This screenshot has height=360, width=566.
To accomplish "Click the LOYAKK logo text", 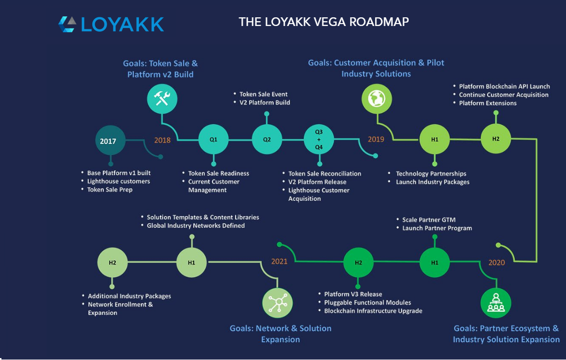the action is pyautogui.click(x=122, y=25).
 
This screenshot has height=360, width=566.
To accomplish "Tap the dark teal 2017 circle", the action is pyautogui.click(x=110, y=140).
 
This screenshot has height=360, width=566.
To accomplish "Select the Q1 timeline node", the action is pyautogui.click(x=214, y=139).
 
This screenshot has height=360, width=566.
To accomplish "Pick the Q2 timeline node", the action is pyautogui.click(x=267, y=139).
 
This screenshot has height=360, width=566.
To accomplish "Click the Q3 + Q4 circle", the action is pyautogui.click(x=319, y=139).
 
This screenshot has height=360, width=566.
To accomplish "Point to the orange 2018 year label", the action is pyautogui.click(x=163, y=140).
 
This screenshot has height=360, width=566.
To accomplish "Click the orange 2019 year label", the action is pyautogui.click(x=376, y=139).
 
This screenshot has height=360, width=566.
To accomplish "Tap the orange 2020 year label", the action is pyautogui.click(x=497, y=263).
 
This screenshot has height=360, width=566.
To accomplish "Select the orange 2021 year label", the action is pyautogui.click(x=279, y=261).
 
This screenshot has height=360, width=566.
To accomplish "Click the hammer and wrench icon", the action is pyautogui.click(x=162, y=99).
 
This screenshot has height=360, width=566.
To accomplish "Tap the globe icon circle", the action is pyautogui.click(x=377, y=99).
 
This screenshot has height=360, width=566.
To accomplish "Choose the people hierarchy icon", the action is pyautogui.click(x=496, y=303).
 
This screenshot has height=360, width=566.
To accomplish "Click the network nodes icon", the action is pyautogui.click(x=277, y=303).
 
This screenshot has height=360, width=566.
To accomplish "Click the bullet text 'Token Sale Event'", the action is pyautogui.click(x=264, y=94).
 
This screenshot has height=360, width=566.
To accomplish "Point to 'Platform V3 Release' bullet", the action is pyautogui.click(x=353, y=294).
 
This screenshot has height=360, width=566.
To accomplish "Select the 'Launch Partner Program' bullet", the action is pyautogui.click(x=437, y=228).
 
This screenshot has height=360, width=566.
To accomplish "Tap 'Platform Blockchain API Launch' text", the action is pyautogui.click(x=504, y=86).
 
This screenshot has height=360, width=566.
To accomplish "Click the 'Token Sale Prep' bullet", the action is pyautogui.click(x=110, y=190).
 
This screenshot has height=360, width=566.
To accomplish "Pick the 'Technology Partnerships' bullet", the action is pyautogui.click(x=431, y=174).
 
